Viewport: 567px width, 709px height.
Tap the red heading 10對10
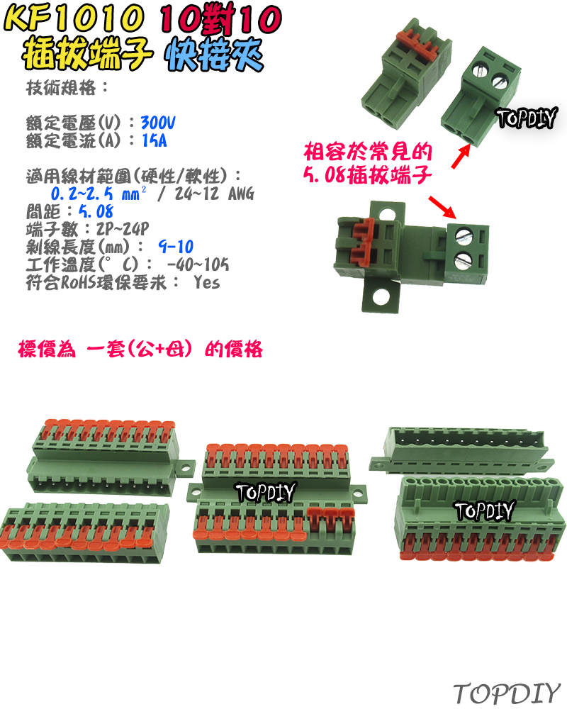[220, 20]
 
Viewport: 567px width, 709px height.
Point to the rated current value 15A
[154, 140]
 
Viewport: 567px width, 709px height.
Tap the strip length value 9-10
[176, 247]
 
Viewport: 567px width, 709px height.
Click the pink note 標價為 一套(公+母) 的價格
[140, 350]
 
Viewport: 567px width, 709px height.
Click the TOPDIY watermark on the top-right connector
[527, 117]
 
